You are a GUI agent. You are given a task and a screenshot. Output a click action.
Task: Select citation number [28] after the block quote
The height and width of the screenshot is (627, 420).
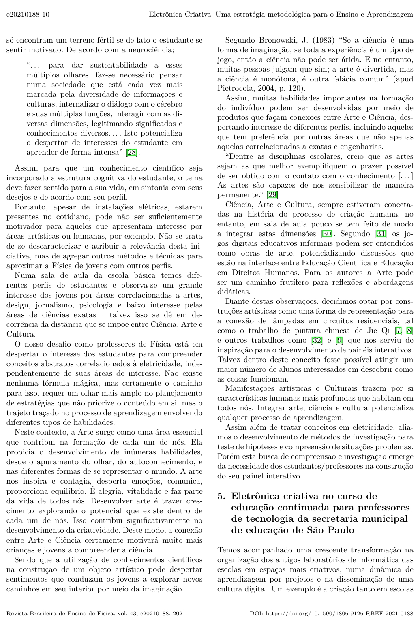click(132, 153)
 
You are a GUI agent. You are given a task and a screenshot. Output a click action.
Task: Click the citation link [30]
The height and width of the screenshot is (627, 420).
click(327, 234)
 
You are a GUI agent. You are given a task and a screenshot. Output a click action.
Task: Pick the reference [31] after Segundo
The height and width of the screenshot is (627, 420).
click(381, 234)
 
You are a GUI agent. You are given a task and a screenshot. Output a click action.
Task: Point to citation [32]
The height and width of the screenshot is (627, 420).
click(316, 340)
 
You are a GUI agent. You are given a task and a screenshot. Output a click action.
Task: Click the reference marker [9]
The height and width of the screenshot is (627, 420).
click(340, 340)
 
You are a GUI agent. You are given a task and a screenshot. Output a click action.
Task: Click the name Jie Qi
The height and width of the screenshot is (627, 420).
click(381, 331)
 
